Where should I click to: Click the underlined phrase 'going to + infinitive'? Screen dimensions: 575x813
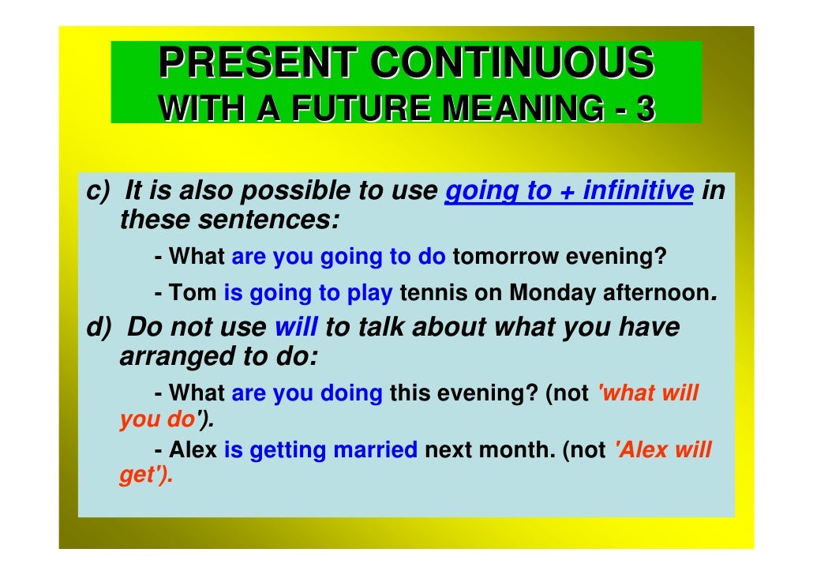(569, 191)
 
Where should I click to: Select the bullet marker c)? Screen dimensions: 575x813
(98, 191)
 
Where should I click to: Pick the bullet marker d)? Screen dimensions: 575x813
(99, 327)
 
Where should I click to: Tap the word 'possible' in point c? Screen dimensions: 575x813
(301, 191)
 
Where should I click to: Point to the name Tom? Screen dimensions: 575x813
(193, 293)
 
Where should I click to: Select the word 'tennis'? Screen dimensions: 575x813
(433, 293)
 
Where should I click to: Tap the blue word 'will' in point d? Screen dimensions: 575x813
(297, 327)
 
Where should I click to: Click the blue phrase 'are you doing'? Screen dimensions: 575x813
(307, 393)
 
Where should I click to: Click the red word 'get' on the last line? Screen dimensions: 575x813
(137, 476)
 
